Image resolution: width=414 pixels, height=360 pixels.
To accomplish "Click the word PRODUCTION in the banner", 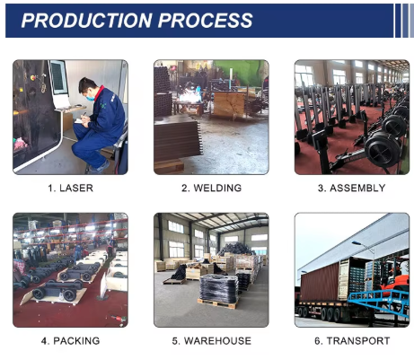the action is tap(87, 21).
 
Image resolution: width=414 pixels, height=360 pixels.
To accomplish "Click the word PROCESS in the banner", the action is tap(206, 21).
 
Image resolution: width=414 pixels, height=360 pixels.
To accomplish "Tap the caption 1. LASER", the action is tap(71, 188).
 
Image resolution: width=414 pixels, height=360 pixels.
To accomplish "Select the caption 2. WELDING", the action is tap(211, 188).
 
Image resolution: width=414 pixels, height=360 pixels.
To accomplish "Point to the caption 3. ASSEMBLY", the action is tap(352, 188).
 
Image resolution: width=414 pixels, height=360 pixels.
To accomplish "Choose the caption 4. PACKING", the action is tap(71, 341).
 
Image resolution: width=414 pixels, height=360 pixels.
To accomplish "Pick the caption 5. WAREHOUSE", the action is tap(211, 341).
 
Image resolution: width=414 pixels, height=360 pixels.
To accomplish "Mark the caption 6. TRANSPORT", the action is tap(352, 341).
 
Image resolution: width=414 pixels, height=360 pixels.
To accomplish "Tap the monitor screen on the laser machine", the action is tap(58, 76).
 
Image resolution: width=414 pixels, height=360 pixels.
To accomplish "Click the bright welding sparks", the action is tap(189, 97).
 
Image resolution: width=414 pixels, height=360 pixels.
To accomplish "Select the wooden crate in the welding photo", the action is tap(229, 104).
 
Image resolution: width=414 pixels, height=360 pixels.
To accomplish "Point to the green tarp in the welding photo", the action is tap(242, 72).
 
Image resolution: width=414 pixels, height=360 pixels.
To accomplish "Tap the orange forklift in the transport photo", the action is tap(393, 278).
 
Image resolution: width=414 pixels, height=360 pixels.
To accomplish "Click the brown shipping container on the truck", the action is tap(320, 283).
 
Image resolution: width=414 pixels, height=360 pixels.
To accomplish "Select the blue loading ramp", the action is tap(379, 302).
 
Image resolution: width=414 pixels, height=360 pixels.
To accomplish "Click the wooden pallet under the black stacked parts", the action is tap(217, 303).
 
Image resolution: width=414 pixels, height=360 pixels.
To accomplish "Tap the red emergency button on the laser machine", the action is tap(32, 78).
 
